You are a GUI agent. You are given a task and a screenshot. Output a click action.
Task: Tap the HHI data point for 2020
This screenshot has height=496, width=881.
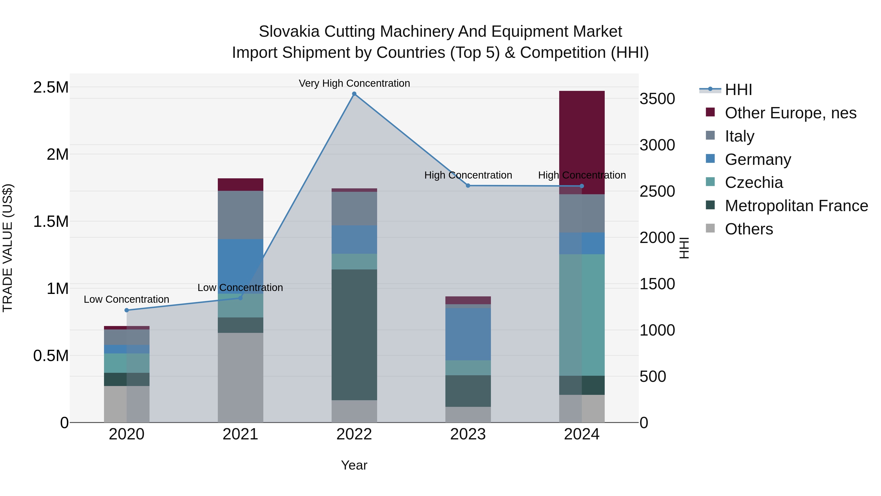[x=127, y=310]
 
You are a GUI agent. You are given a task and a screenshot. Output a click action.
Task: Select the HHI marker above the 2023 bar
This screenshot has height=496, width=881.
[x=468, y=185]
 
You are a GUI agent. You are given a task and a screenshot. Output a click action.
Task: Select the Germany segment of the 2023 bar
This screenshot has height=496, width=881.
[x=468, y=334]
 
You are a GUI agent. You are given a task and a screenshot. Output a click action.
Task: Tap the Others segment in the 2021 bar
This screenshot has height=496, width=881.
[x=240, y=377]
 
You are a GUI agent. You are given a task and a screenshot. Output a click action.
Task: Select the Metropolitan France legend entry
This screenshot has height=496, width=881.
[x=796, y=206]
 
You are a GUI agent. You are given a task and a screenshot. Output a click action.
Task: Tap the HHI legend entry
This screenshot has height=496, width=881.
[x=738, y=90]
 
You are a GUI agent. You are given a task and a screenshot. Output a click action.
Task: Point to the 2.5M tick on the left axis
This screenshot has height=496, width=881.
[x=51, y=87]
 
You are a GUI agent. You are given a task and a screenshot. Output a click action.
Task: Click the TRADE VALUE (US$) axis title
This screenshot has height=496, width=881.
[x=8, y=248]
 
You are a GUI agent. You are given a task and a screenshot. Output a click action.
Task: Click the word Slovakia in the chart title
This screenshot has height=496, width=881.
[x=289, y=32]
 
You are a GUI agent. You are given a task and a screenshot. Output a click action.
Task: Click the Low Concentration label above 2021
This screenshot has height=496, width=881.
[x=240, y=288]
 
